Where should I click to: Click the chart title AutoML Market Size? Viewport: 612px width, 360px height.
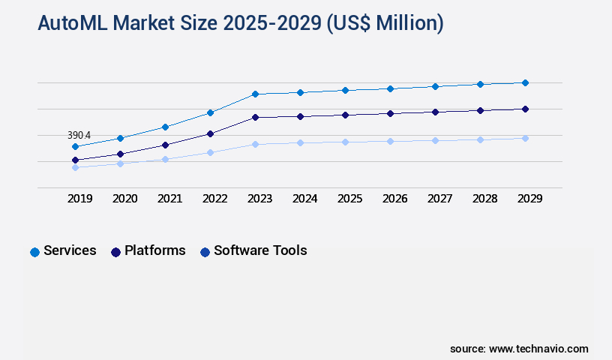click(240, 23)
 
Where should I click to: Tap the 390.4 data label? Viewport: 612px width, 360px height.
click(79, 136)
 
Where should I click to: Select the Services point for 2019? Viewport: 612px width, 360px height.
click(75, 146)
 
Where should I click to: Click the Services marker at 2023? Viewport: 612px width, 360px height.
click(255, 94)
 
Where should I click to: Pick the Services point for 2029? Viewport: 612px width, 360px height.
click(525, 82)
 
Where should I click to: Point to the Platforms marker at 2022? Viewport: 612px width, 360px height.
click(210, 133)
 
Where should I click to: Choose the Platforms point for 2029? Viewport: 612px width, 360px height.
click(525, 109)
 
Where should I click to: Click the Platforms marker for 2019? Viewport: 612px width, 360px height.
click(75, 160)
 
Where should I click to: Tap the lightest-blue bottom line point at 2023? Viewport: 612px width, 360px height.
click(255, 144)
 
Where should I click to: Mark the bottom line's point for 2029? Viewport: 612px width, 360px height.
click(525, 138)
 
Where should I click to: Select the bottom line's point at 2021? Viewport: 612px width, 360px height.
click(165, 159)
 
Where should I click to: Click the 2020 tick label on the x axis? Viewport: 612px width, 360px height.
click(124, 199)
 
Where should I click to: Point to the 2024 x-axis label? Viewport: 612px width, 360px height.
click(304, 199)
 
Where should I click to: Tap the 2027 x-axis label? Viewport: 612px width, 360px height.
click(439, 199)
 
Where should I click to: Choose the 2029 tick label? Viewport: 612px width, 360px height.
click(529, 199)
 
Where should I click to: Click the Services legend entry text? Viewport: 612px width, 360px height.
click(70, 250)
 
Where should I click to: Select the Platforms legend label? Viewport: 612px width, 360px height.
click(154, 250)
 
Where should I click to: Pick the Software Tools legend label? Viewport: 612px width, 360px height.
click(260, 250)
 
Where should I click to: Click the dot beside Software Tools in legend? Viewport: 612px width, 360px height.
click(205, 252)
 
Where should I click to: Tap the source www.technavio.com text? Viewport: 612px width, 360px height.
click(519, 349)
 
